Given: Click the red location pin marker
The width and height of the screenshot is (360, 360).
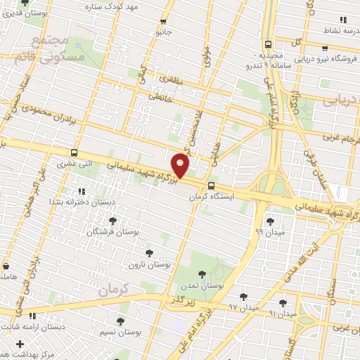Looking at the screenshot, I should pos(181,165).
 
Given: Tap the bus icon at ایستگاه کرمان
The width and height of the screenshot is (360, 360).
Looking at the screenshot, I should pos(212,186).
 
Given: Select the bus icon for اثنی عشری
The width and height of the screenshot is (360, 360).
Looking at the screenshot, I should pos(75,153).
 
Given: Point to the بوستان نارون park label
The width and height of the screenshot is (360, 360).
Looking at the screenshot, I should pos(146,264).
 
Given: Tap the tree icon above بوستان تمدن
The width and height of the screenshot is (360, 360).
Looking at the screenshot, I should pos(202,274).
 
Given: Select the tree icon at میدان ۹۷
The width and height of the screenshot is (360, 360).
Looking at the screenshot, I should pos(243,297).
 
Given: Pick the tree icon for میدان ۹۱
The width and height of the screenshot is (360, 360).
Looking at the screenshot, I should pos(282,303).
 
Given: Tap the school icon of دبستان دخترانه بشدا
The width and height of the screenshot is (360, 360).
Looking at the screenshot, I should pos(82,191).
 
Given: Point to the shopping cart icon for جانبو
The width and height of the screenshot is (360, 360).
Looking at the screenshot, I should pos(164,22).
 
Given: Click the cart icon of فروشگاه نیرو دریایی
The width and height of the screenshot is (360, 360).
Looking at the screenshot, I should pos(324,49).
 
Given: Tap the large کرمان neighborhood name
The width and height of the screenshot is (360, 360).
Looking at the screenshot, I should pos(115,289).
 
